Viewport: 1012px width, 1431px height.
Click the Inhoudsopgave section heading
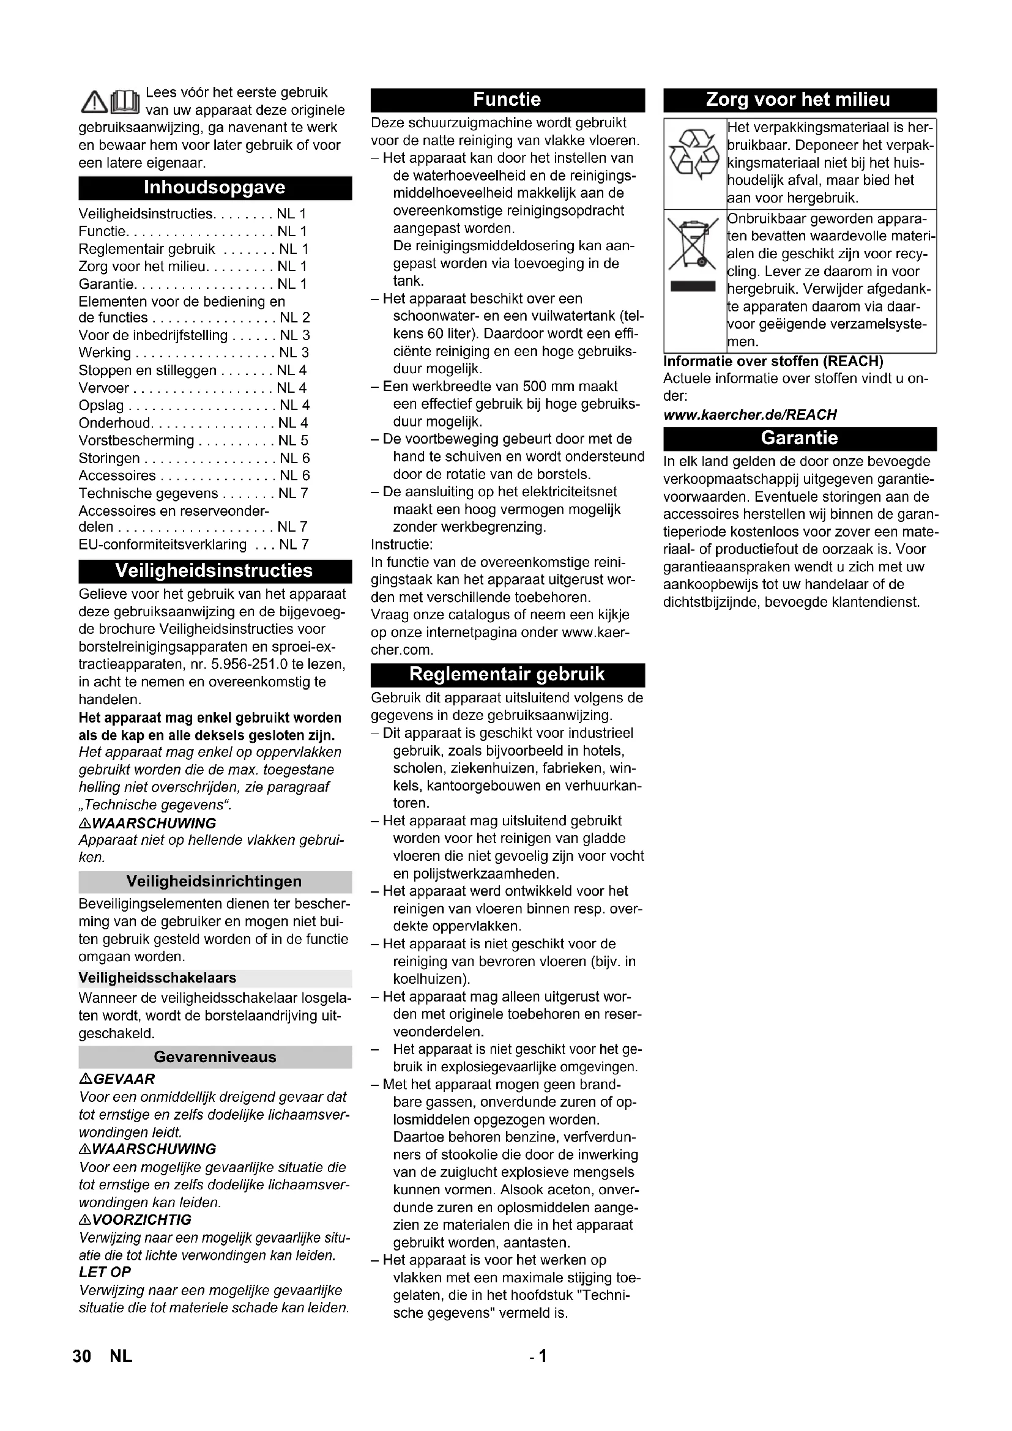point(214,188)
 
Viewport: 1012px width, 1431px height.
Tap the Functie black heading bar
point(507,100)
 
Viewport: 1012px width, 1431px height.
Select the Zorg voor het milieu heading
point(799,100)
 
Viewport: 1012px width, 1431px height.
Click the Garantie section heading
point(799,438)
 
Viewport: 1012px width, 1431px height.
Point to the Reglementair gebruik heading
point(507,674)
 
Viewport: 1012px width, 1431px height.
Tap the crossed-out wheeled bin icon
point(693,243)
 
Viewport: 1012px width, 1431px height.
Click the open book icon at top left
point(125,102)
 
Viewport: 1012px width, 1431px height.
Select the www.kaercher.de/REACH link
point(750,414)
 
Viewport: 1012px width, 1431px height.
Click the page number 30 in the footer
point(81,1356)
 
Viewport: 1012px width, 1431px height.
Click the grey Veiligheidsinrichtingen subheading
point(214,881)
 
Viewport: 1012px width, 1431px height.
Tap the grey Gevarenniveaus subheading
point(214,1057)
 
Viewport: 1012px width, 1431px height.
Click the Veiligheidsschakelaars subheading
point(158,978)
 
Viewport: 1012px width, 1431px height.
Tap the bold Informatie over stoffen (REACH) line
point(773,362)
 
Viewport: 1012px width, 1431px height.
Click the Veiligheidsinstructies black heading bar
point(214,571)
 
